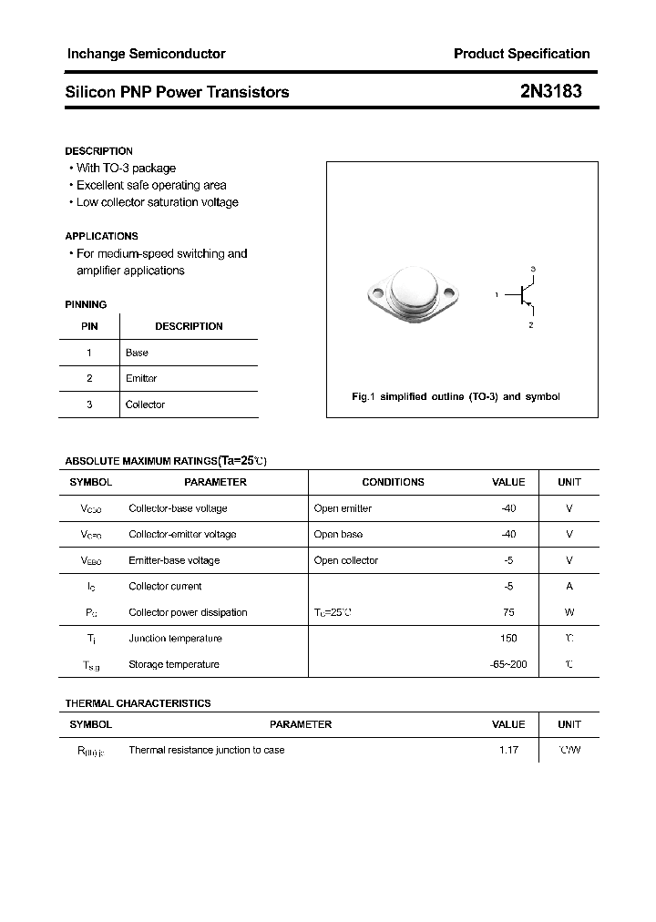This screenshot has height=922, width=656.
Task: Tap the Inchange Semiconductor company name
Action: (x=146, y=54)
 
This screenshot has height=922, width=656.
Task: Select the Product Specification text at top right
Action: (x=521, y=54)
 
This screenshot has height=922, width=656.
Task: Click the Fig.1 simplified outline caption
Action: (x=456, y=397)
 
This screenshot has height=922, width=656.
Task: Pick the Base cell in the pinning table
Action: (x=137, y=353)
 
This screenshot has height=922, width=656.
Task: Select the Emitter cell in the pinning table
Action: (x=141, y=378)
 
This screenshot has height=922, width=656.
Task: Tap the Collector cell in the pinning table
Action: (x=145, y=405)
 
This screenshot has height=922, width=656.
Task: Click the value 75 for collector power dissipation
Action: (x=508, y=612)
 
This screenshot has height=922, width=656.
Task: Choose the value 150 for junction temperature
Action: (x=508, y=639)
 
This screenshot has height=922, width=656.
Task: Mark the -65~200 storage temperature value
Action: (x=507, y=664)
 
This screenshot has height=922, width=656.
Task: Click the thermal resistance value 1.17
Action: (x=508, y=750)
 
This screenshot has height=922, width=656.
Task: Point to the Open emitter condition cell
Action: (x=343, y=508)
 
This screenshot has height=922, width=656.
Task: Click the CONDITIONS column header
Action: (x=393, y=482)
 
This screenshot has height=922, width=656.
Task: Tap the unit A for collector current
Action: (x=569, y=587)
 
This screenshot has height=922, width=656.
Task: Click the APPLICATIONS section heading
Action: (x=101, y=236)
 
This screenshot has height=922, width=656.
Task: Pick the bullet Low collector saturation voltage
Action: (x=157, y=202)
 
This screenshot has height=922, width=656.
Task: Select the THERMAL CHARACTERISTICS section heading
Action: (x=138, y=703)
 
